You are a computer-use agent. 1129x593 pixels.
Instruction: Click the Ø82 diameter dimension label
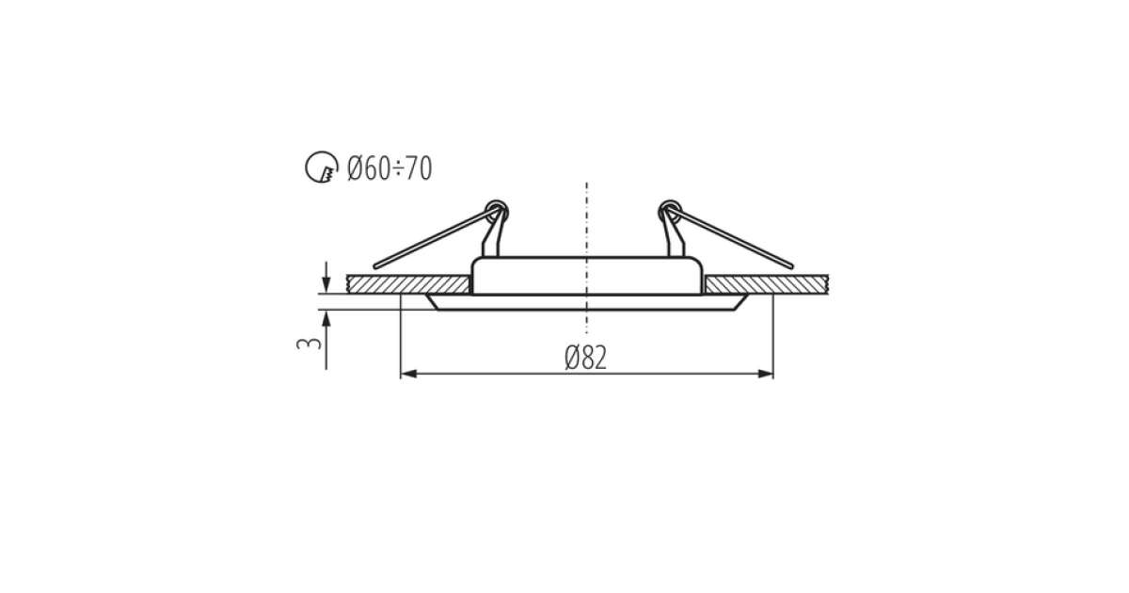pyautogui.click(x=585, y=358)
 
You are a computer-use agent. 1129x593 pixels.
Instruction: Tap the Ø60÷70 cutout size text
pyautogui.click(x=390, y=168)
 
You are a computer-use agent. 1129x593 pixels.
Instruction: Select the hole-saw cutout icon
pyautogui.click(x=322, y=167)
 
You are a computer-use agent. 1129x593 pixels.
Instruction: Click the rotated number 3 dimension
pyautogui.click(x=309, y=344)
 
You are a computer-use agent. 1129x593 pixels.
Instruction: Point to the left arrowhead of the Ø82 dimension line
pyautogui.click(x=408, y=374)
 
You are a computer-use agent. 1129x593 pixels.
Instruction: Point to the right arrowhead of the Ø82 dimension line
pyautogui.click(x=765, y=374)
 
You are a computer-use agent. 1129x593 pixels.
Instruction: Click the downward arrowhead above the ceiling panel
pyautogui.click(x=326, y=284)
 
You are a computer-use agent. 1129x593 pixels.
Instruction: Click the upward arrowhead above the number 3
pyautogui.click(x=326, y=319)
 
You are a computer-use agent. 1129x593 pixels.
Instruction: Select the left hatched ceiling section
pyautogui.click(x=408, y=284)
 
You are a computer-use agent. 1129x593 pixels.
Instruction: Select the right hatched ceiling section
pyautogui.click(x=766, y=284)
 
